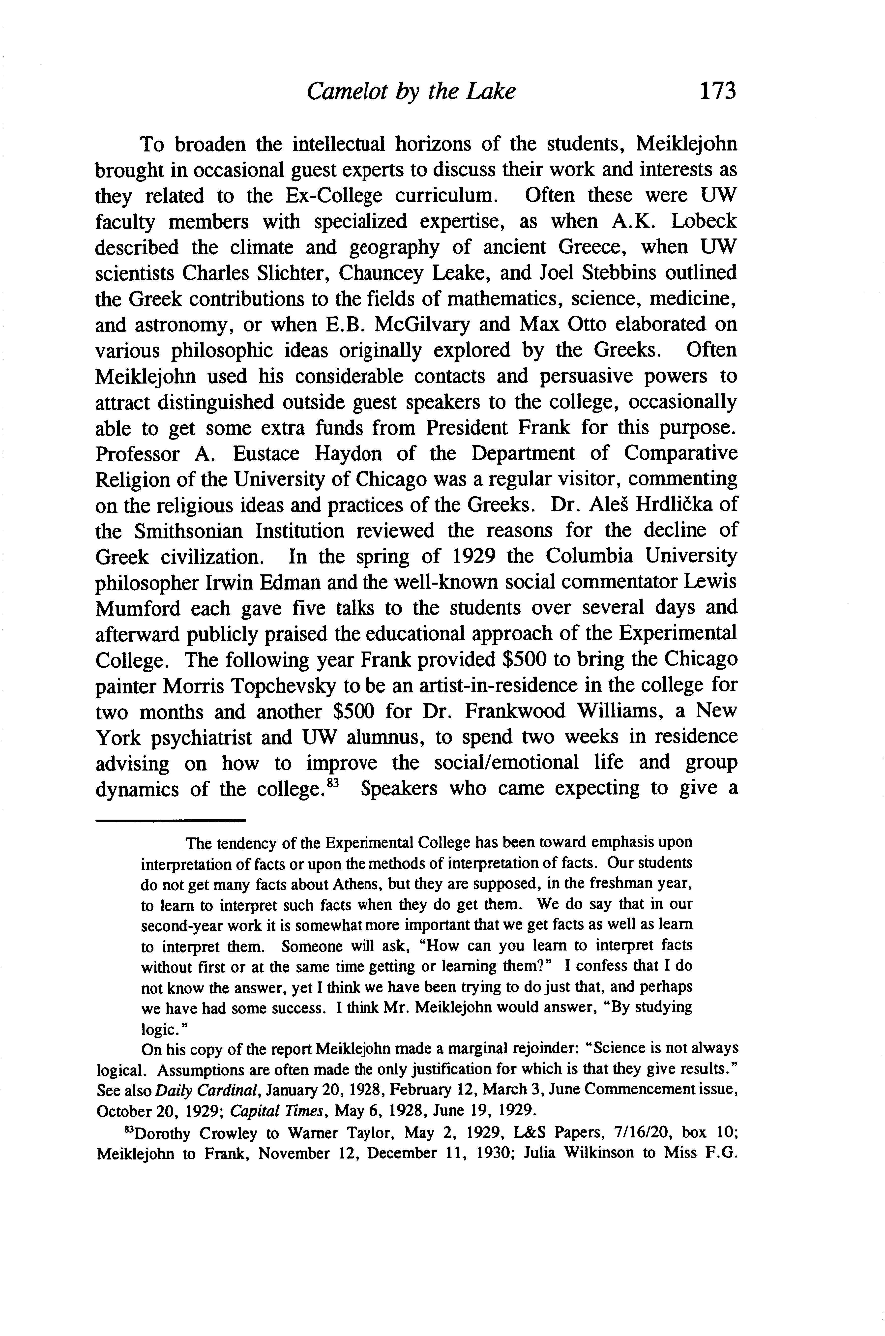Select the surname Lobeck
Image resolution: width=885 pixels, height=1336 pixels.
[703, 221]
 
